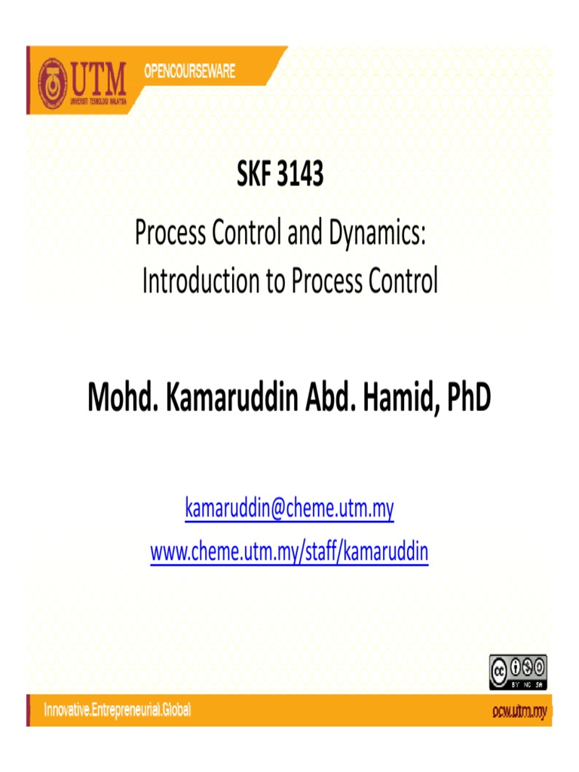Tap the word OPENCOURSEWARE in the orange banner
(x=189, y=72)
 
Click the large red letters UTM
(x=98, y=75)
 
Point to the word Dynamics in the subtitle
(x=378, y=234)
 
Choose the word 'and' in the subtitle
(x=304, y=234)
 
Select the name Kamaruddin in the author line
(x=229, y=398)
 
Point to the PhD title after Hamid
(x=467, y=398)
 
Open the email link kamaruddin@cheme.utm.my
(x=289, y=510)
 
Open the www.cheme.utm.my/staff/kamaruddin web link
(x=289, y=553)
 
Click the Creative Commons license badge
(x=518, y=671)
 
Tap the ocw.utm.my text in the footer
(x=518, y=711)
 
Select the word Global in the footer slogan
(x=174, y=710)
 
